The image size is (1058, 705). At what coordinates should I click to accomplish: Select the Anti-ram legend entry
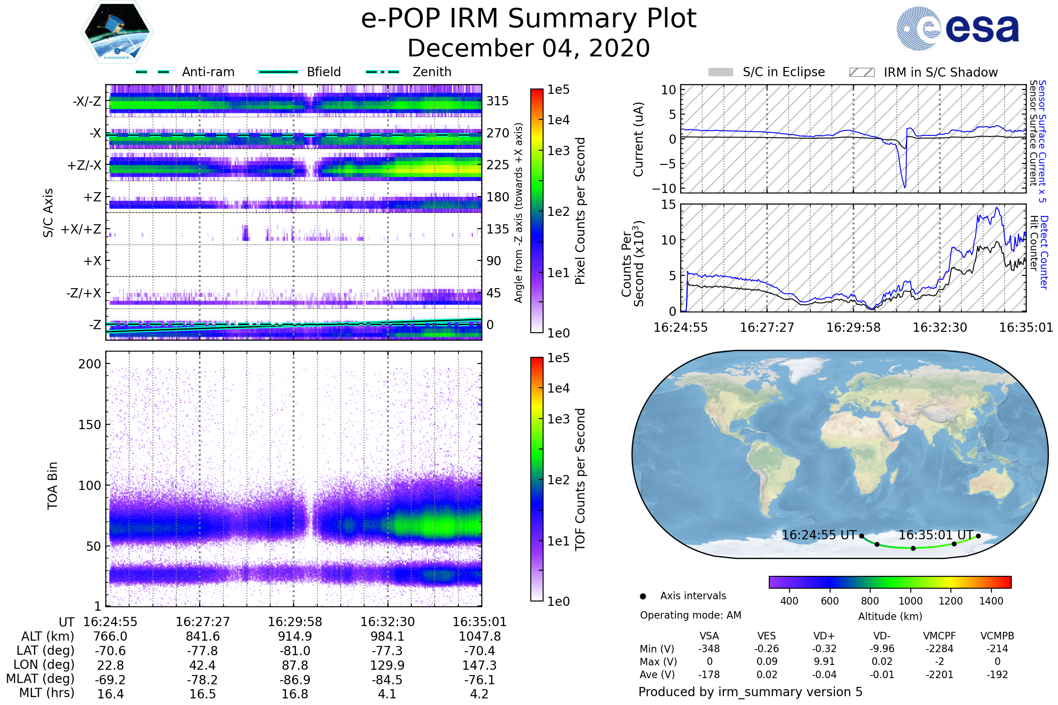(x=185, y=72)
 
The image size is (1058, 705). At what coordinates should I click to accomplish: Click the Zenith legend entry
(x=409, y=72)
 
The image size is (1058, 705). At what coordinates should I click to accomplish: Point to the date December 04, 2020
(x=529, y=48)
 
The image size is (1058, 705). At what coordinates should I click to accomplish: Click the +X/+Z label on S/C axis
(x=81, y=229)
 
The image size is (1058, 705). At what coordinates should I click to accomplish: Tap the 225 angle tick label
(x=498, y=165)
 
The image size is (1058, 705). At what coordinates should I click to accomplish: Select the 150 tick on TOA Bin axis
(x=89, y=425)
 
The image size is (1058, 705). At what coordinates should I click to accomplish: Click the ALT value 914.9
(x=295, y=636)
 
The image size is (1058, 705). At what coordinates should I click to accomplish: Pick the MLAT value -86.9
(x=295, y=679)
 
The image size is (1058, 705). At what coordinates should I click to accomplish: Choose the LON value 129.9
(x=387, y=665)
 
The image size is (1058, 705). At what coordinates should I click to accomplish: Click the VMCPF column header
(x=939, y=636)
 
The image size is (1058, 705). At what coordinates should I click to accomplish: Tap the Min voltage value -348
(x=709, y=648)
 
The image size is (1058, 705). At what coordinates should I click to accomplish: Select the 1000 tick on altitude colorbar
(x=910, y=601)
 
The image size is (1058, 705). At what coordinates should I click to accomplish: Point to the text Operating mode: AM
(x=690, y=615)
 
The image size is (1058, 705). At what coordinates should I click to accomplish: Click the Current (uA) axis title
(x=638, y=139)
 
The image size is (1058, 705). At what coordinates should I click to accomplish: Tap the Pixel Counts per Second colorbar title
(x=580, y=211)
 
